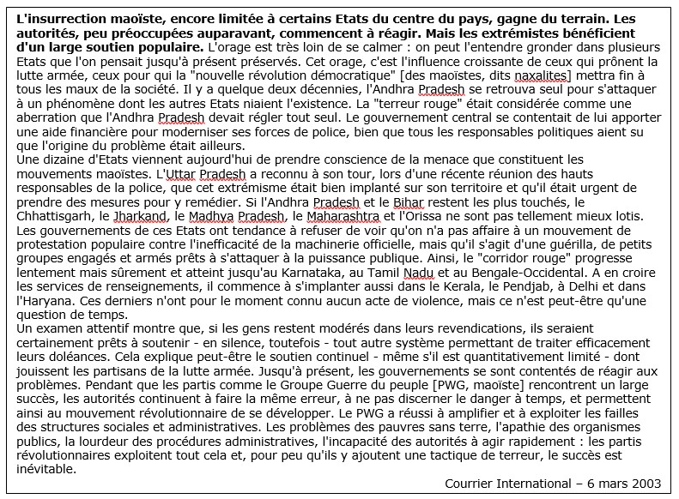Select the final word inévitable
[39, 472]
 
